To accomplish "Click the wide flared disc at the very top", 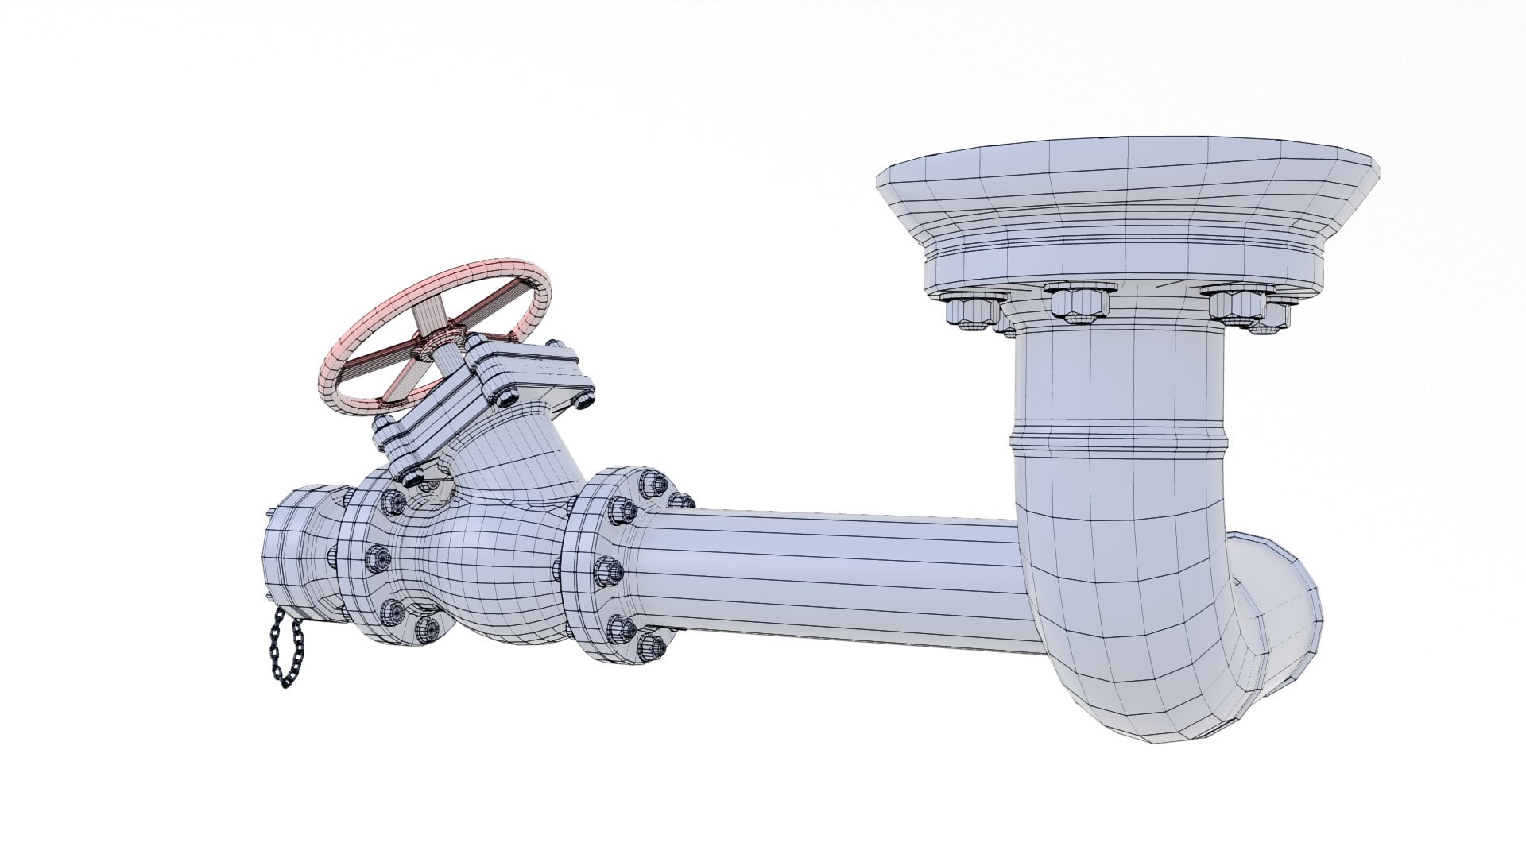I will point(1129,183).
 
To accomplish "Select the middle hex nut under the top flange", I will point(1076,302).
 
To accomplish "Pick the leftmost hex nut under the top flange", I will point(970,309).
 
